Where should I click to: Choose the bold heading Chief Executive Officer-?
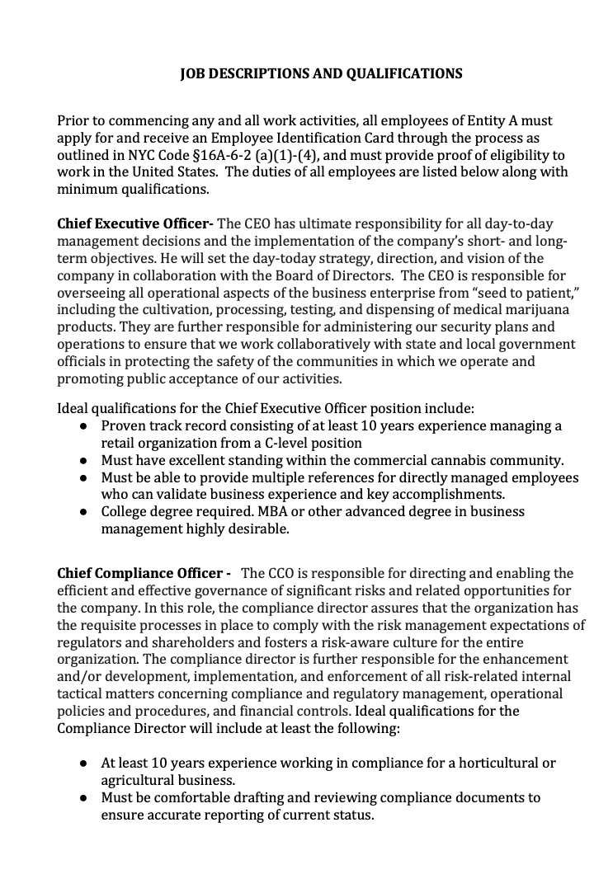(x=135, y=223)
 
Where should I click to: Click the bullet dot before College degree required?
(x=84, y=512)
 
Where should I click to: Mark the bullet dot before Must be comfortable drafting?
(x=84, y=798)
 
